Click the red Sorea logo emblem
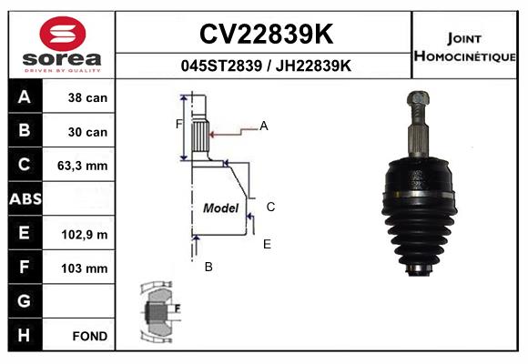(x=63, y=34)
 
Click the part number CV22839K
(x=266, y=34)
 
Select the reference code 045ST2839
(x=221, y=66)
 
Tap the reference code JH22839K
(x=313, y=66)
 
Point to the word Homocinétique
(x=464, y=56)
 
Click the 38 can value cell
(x=79, y=96)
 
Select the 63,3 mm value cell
(x=79, y=165)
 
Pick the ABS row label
(x=25, y=198)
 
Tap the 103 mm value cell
(x=79, y=268)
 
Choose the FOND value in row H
(x=90, y=336)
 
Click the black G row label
(x=25, y=300)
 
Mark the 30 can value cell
(x=79, y=131)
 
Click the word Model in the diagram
(x=221, y=207)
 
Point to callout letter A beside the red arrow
(x=264, y=126)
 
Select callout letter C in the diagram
(x=270, y=207)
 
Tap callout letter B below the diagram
(x=208, y=267)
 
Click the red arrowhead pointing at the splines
(x=212, y=135)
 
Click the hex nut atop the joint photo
(x=418, y=97)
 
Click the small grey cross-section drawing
(x=160, y=311)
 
